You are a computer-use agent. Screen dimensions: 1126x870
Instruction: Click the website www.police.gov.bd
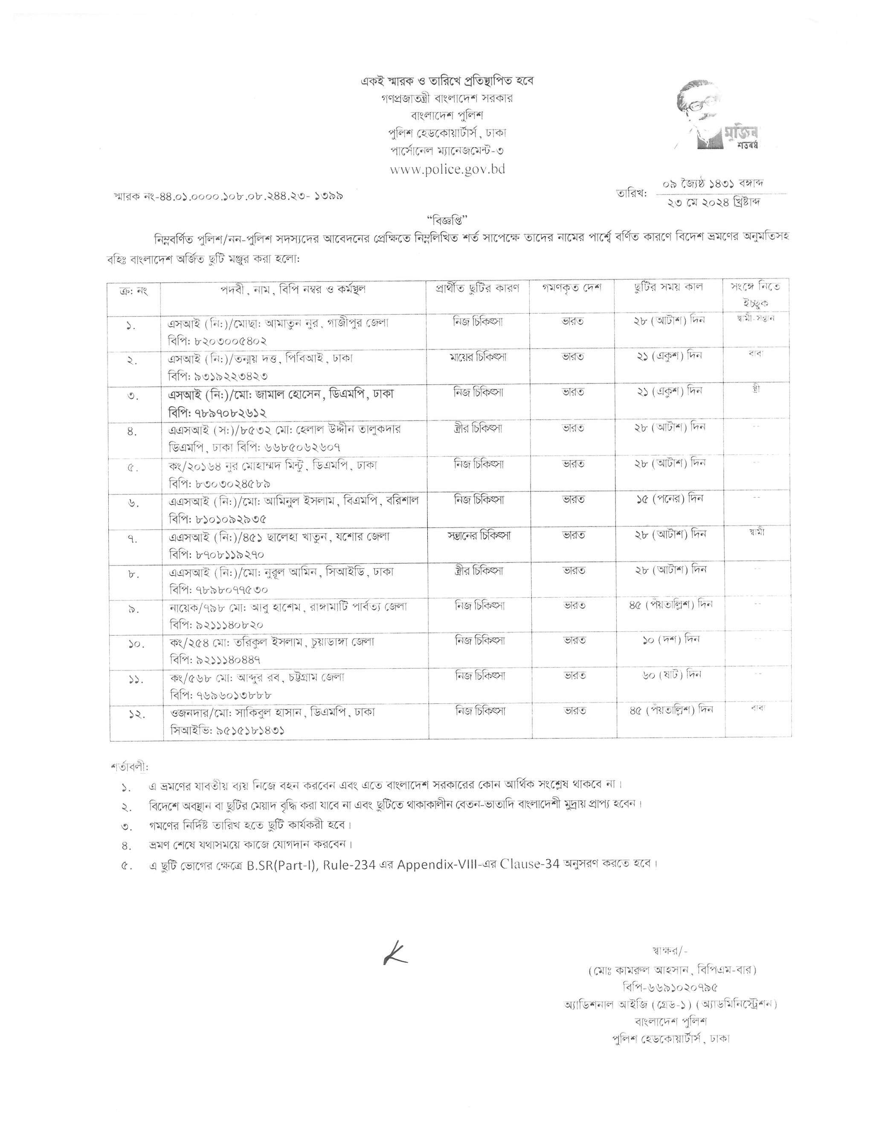pyautogui.click(x=447, y=169)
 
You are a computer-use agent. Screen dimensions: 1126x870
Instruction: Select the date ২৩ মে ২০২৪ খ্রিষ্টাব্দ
pyautogui.click(x=715, y=202)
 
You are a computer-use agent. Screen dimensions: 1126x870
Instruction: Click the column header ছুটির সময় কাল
pyautogui.click(x=668, y=287)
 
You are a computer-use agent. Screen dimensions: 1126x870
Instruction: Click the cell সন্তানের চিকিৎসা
pyautogui.click(x=479, y=535)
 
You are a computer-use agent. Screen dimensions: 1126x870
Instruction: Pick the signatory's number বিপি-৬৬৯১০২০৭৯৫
pyautogui.click(x=670, y=987)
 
